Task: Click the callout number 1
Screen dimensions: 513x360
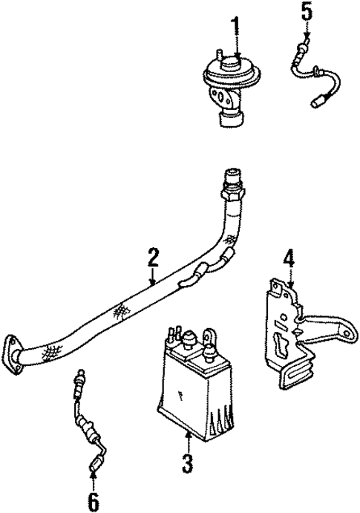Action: [x=235, y=27]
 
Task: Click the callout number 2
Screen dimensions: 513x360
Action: [x=152, y=258]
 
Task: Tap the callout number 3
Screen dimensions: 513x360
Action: [x=187, y=464]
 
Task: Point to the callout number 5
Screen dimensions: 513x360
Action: [x=307, y=13]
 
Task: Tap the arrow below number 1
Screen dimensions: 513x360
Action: [x=235, y=49]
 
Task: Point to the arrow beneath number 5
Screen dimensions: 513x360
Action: [x=307, y=33]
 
